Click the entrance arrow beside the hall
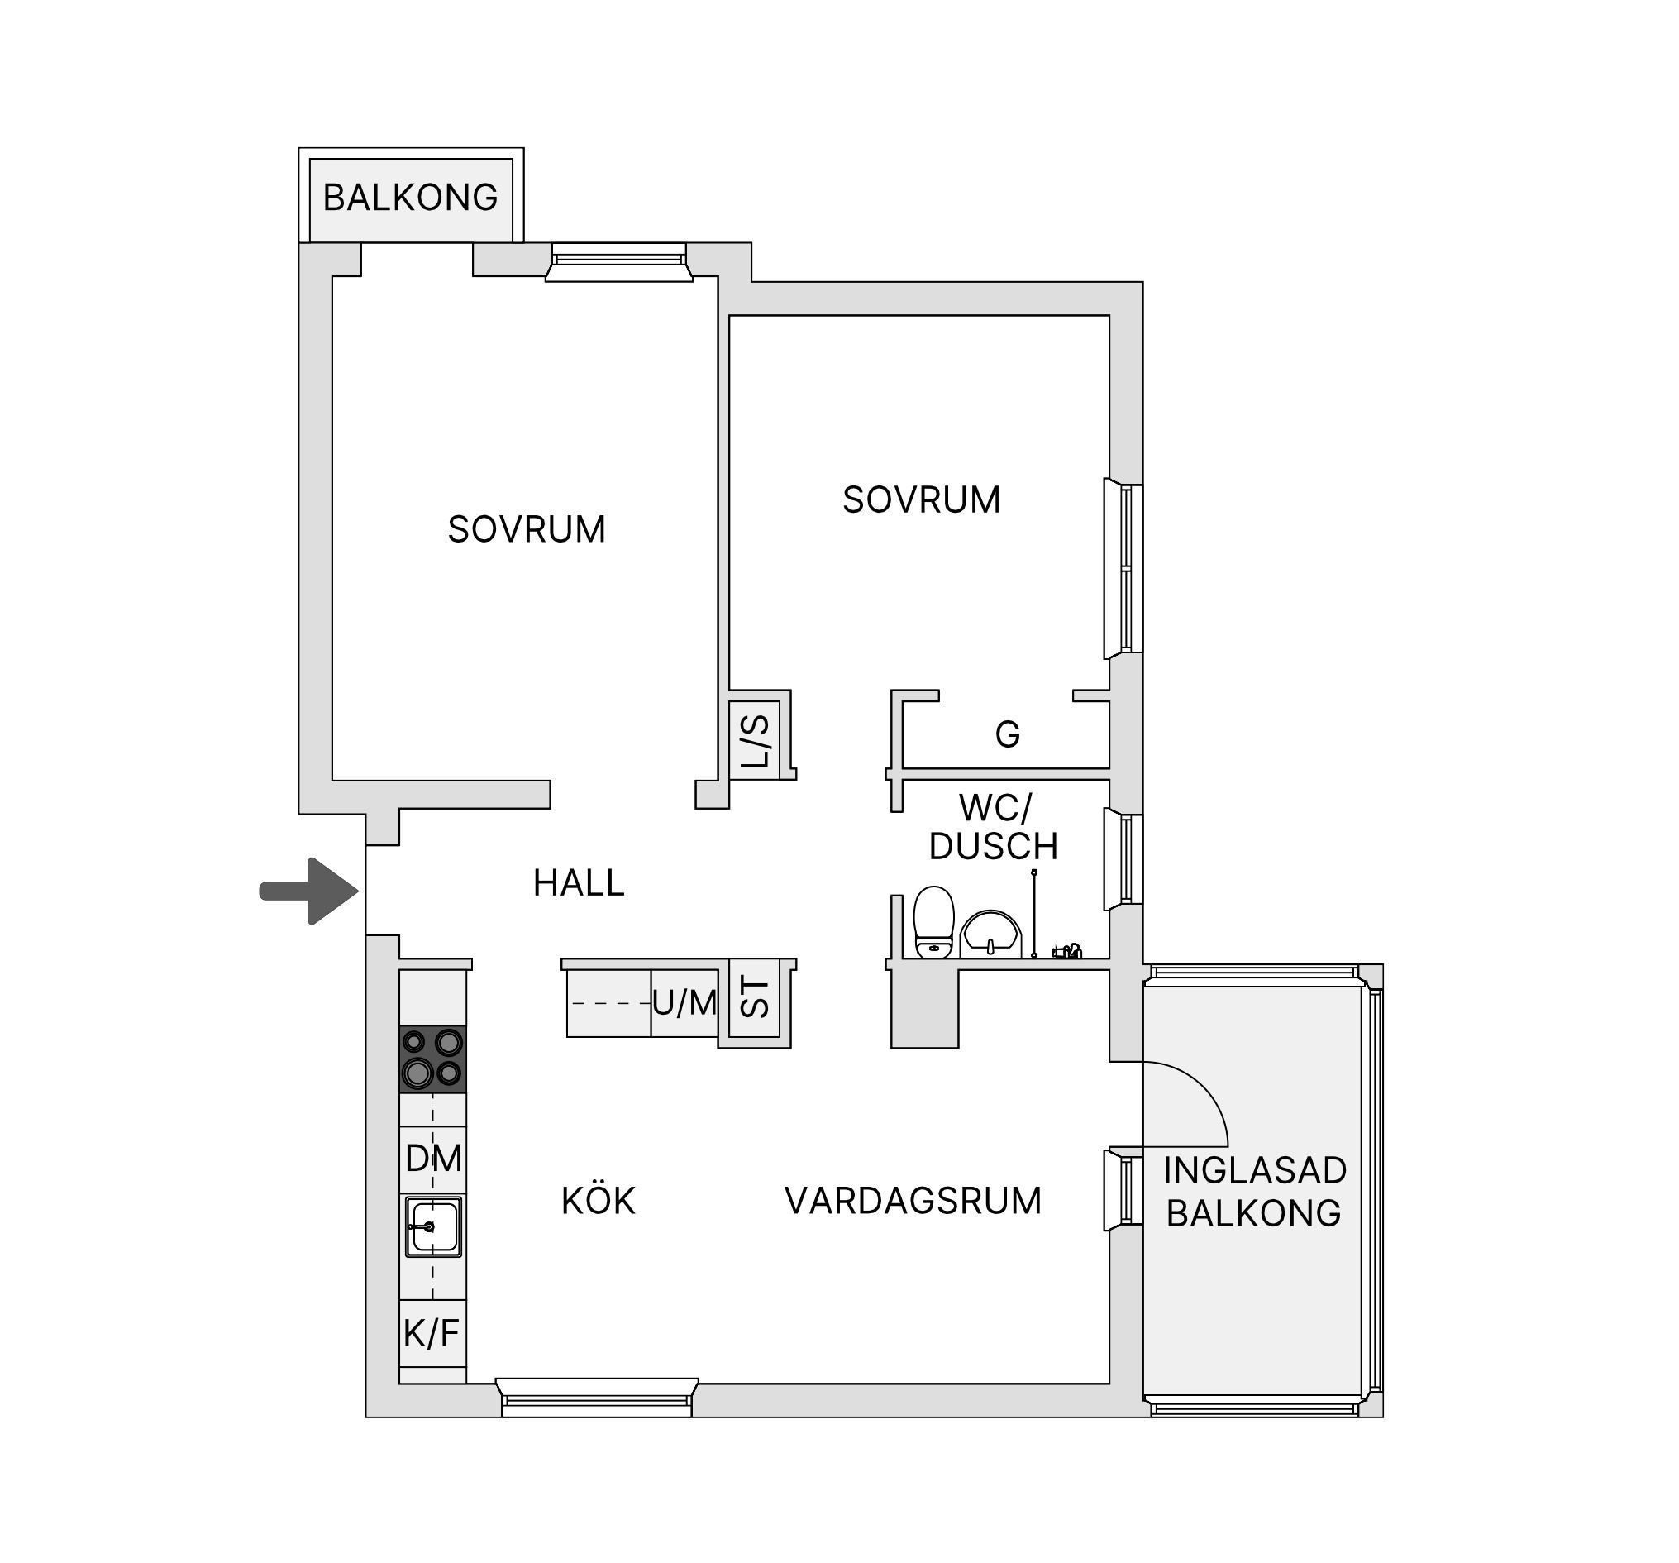(309, 891)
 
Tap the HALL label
(579, 884)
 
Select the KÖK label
(598, 1201)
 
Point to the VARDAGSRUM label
(913, 1202)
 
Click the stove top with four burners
(432, 1059)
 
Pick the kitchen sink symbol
(433, 1226)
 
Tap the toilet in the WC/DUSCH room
(934, 922)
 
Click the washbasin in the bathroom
(991, 934)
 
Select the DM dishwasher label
(433, 1159)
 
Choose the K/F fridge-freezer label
(432, 1334)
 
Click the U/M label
(684, 1004)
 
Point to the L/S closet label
(755, 741)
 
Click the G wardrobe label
(1008, 735)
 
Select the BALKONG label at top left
(411, 198)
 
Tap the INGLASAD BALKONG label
(1254, 1193)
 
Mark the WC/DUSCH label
(994, 827)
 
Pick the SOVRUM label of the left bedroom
(526, 530)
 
